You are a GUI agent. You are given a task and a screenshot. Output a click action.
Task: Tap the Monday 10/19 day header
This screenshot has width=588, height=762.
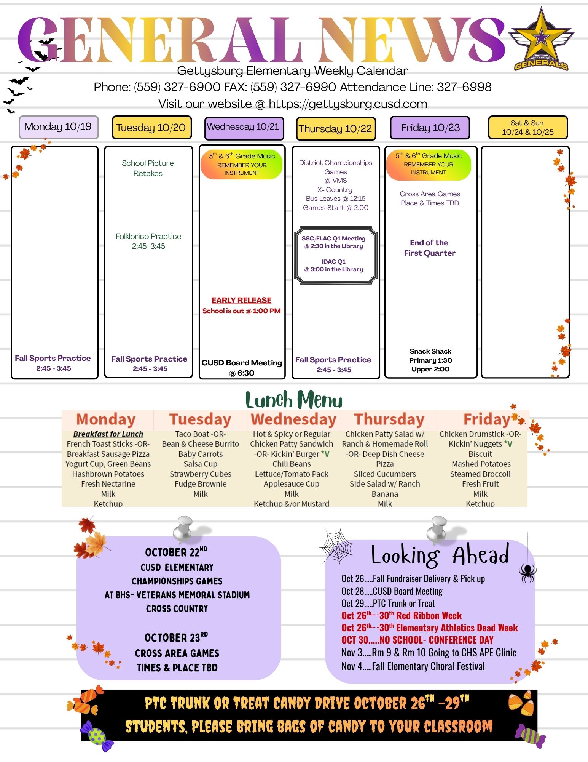[59, 127]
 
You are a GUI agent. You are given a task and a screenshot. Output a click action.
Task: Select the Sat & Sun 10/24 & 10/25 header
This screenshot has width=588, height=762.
[528, 128]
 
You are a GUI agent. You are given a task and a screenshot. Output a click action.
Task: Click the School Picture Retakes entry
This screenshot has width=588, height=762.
[148, 168]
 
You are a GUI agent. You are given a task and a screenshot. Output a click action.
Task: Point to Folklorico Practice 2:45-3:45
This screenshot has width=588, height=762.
[148, 241]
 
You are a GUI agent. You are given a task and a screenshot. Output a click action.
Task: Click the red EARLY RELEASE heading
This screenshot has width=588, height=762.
[242, 300]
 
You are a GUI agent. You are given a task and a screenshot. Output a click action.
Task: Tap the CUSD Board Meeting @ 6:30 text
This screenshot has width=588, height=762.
[242, 368]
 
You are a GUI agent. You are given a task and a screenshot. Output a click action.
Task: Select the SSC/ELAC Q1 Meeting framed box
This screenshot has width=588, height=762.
[336, 255]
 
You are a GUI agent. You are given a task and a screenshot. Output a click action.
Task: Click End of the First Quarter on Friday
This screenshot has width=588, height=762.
[430, 248]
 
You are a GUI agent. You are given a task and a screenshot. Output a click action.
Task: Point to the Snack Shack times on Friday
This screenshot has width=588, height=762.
[430, 360]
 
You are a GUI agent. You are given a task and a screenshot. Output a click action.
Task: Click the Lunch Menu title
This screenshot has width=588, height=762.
[294, 400]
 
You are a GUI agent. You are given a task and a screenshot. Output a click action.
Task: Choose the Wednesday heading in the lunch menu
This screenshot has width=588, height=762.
[293, 419]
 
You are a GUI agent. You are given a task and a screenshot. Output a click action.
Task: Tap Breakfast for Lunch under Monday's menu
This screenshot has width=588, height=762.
[108, 434]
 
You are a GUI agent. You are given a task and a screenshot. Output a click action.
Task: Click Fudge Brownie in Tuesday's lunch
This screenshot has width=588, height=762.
[201, 484]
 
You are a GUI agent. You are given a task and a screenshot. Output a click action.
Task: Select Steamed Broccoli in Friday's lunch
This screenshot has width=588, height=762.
[480, 474]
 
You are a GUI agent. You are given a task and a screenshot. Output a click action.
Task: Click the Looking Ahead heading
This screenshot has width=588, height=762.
[440, 555]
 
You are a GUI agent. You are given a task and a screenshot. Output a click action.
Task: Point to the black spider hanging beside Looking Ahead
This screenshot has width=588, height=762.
[527, 573]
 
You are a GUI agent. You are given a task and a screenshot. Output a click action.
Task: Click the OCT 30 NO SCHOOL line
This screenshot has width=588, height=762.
[417, 640]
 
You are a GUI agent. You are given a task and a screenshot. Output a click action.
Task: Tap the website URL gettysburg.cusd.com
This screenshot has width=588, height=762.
[348, 104]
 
